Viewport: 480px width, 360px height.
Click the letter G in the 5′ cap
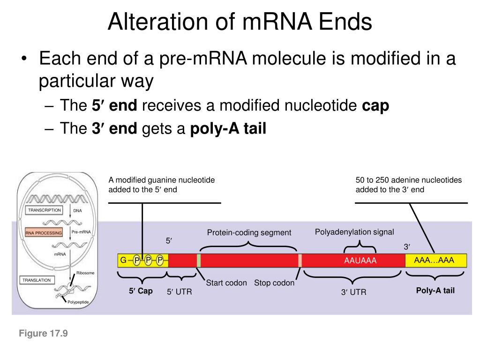(123, 260)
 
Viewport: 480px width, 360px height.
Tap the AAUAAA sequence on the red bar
(360, 261)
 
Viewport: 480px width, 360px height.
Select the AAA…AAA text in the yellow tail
(434, 260)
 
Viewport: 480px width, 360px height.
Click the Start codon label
(226, 283)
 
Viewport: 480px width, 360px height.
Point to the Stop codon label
(274, 283)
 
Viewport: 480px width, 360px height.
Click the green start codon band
(199, 261)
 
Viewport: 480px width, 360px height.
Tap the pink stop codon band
(300, 261)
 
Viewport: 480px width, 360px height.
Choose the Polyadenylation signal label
(354, 232)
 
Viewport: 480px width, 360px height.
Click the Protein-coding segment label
(249, 232)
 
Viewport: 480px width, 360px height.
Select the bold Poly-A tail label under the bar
(435, 291)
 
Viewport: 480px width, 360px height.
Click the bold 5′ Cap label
(141, 291)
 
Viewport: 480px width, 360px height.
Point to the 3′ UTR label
(353, 292)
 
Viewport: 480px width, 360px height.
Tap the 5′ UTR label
(180, 292)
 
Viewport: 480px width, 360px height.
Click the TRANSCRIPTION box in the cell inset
(45, 210)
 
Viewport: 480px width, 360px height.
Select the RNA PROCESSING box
(44, 232)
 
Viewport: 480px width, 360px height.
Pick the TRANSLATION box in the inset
(37, 280)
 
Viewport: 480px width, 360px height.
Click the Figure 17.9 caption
(44, 334)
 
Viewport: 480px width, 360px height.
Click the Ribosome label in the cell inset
(85, 273)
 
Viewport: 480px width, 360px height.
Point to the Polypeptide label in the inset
(78, 302)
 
